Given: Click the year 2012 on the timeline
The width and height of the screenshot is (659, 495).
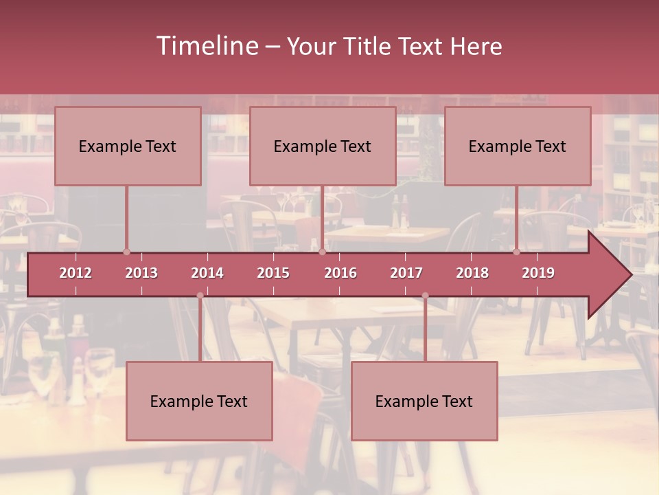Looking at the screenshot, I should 76,273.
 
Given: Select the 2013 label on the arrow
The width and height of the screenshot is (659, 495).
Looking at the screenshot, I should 141,273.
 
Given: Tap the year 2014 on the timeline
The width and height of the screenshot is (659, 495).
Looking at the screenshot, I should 207,273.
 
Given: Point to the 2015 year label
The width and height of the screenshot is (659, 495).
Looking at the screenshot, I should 273,273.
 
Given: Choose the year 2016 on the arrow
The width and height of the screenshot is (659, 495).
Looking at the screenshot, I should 340,273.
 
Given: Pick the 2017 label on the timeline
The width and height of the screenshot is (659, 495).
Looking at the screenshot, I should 406,273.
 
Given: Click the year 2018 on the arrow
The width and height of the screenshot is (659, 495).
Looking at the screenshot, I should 472,273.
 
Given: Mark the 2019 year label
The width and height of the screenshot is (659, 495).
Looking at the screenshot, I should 538,273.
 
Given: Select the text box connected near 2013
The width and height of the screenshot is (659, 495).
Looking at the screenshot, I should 128,146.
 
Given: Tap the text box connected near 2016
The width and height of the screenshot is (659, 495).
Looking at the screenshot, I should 323,146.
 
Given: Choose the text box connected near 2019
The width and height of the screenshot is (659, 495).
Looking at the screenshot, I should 518,146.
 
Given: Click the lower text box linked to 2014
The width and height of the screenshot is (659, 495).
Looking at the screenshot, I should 199,401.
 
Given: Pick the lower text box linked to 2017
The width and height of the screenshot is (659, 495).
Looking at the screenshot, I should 424,401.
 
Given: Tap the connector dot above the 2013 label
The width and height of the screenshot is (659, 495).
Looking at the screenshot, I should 126,252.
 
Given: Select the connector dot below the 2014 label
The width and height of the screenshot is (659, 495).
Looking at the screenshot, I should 200,296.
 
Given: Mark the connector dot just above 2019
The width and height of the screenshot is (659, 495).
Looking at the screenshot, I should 516,252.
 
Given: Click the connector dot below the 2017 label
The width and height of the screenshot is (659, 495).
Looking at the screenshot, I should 425,296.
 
